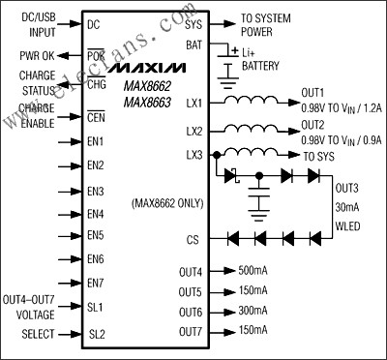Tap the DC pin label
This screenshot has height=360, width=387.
pos(93,23)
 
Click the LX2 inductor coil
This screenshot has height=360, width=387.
pos(255,129)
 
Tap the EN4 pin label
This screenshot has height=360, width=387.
pos(95,213)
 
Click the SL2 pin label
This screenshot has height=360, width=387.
pos(96,334)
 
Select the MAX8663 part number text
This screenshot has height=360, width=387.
pos(143,102)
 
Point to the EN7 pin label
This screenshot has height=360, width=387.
pos(95,283)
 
